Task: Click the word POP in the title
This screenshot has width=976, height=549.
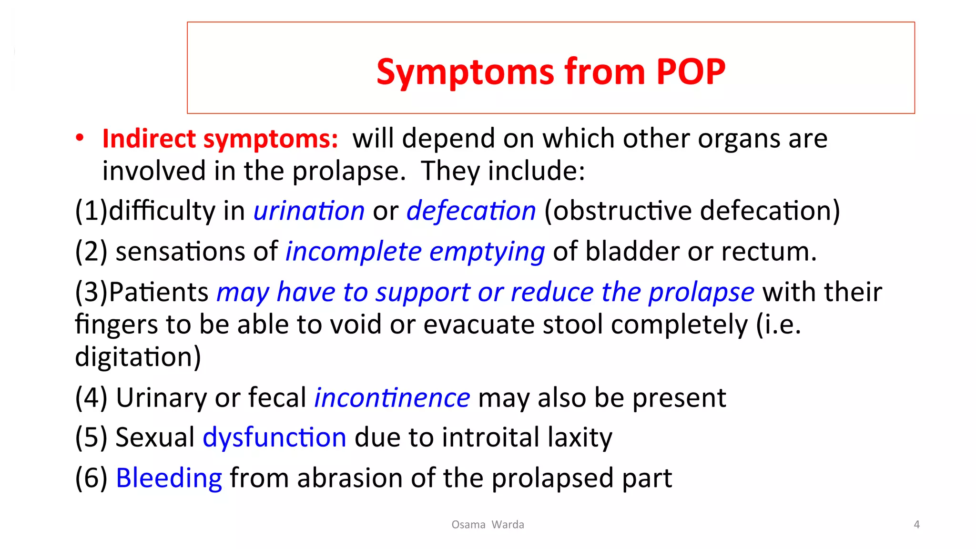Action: point(691,72)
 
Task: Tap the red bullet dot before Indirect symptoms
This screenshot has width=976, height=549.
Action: point(80,138)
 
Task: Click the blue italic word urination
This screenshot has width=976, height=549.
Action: point(309,211)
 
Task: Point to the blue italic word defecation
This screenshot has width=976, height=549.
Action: point(471,211)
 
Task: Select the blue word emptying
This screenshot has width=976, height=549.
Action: point(487,252)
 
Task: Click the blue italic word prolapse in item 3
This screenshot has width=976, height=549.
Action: point(701,292)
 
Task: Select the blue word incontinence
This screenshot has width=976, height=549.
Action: point(392,397)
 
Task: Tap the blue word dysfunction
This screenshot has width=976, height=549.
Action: point(274,437)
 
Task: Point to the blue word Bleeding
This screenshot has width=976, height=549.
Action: point(169,478)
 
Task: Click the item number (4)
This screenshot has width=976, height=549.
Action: point(91,397)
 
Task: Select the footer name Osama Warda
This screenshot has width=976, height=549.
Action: point(488,525)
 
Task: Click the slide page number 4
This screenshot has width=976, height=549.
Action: point(916,525)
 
